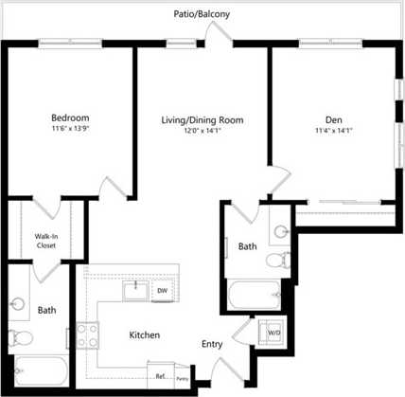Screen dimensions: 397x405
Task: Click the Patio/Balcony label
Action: pyautogui.click(x=202, y=15)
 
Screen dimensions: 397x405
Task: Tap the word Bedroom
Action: pyautogui.click(x=70, y=118)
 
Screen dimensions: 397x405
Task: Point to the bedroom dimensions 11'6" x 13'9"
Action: pyautogui.click(x=70, y=130)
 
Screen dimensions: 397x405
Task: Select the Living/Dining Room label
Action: pyautogui.click(x=202, y=120)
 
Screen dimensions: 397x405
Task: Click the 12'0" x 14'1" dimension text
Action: pyautogui.click(x=202, y=132)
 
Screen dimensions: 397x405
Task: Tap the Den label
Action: pyautogui.click(x=334, y=119)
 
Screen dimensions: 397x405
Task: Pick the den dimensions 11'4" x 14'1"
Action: pyautogui.click(x=334, y=131)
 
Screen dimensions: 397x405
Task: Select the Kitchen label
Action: pyautogui.click(x=145, y=335)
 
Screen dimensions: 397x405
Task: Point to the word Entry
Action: pyautogui.click(x=212, y=345)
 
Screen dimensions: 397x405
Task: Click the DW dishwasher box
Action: pyautogui.click(x=163, y=290)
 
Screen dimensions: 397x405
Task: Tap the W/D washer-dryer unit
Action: pyautogui.click(x=273, y=334)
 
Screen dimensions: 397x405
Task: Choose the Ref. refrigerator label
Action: pyautogui.click(x=161, y=376)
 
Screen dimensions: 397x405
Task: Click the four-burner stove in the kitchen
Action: pyautogui.click(x=88, y=334)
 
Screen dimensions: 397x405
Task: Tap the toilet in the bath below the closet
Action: pyautogui.click(x=21, y=337)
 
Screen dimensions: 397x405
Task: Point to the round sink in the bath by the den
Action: pyautogui.click(x=279, y=229)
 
